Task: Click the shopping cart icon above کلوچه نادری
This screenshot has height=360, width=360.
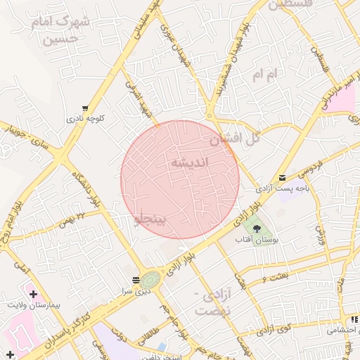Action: tap(85, 109)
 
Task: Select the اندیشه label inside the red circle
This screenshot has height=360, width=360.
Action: tap(190, 163)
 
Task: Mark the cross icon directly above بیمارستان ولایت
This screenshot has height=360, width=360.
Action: tap(33, 292)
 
